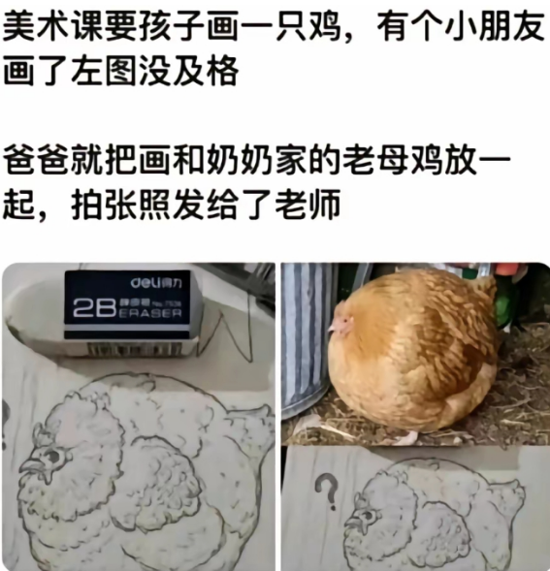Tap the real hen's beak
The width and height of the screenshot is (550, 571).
tap(333, 328)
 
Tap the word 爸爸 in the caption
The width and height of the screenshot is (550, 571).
tap(38, 159)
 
